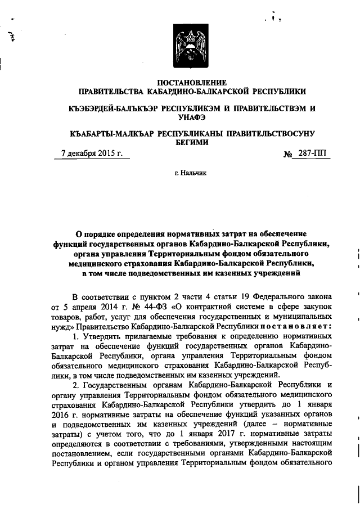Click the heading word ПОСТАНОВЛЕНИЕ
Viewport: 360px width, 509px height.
pos(193,83)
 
